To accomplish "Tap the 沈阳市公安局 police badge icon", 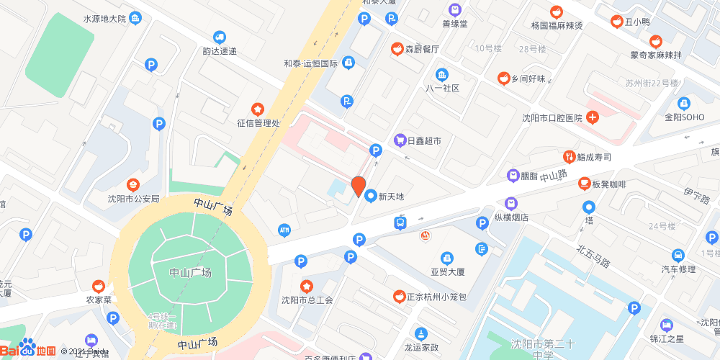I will point(133,185).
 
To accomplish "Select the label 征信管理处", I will point(258,123).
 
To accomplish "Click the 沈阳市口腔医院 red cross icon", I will point(592,117).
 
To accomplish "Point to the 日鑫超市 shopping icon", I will point(399,141).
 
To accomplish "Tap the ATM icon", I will point(284,229).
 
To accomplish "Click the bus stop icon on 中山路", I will point(400,223).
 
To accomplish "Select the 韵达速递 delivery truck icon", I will point(220,37).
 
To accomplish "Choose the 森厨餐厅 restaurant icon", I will point(397,49).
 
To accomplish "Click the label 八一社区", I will point(442,88).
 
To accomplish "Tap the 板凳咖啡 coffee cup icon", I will point(584,184).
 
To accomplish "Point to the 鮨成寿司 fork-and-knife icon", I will point(570,156).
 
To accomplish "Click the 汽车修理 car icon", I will point(678,255).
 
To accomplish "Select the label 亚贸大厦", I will point(448,272).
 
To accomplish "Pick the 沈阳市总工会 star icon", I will point(307,286).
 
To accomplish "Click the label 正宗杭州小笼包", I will point(437,297).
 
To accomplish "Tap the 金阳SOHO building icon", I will point(683,103).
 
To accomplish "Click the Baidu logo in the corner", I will point(29,348).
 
